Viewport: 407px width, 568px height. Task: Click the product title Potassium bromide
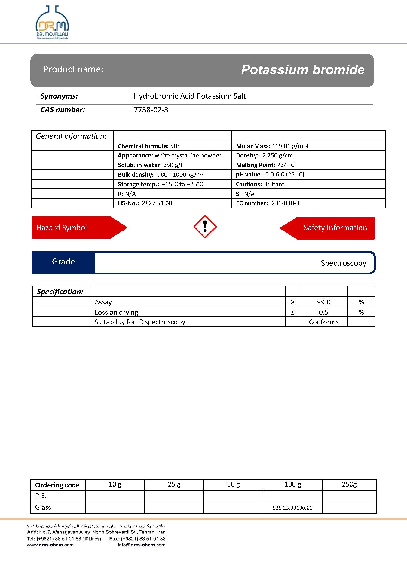[x=302, y=70]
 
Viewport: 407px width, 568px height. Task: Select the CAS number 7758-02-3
[x=151, y=110]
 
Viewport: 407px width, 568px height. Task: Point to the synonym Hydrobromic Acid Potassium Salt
[x=189, y=96]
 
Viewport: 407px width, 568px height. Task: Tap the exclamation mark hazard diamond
[x=205, y=227]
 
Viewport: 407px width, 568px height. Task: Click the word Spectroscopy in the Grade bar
[x=343, y=263]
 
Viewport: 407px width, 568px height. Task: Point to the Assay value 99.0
[x=323, y=302]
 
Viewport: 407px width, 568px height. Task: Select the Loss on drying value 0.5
[x=323, y=312]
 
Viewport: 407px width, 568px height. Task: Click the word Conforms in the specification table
[x=323, y=322]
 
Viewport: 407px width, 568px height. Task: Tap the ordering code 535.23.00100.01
[x=292, y=508]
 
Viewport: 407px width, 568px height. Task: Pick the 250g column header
[x=349, y=484]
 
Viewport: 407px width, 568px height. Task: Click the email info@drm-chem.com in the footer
[x=142, y=545]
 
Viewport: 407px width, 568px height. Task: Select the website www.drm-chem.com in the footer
[x=50, y=545]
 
